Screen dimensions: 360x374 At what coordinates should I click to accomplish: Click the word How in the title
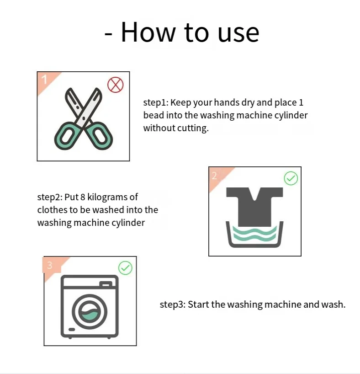148,32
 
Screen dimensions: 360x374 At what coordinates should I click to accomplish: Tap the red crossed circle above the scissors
116,85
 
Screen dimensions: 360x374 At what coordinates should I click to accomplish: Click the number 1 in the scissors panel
44,80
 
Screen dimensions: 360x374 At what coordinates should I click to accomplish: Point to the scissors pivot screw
84,118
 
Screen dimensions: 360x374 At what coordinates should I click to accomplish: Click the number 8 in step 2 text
83,197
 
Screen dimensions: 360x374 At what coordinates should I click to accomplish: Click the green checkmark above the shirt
291,178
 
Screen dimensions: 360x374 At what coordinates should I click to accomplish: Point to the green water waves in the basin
254,234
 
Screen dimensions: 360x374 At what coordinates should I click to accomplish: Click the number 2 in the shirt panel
214,176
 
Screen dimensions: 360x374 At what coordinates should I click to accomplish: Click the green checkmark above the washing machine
125,268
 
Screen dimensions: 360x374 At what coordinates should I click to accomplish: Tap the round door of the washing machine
90,311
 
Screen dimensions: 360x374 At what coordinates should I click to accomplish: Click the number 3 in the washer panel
50,265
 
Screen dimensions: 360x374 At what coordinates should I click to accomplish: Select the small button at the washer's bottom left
72,329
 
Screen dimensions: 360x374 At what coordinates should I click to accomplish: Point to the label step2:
50,198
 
